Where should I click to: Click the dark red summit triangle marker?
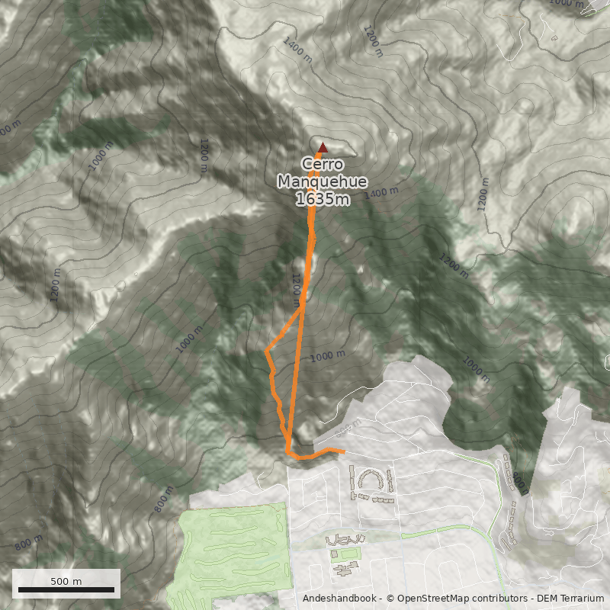click(323, 148)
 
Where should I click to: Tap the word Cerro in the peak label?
click(318, 164)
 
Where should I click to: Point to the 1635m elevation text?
click(323, 199)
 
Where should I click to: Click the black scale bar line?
click(66, 589)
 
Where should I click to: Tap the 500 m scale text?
click(66, 581)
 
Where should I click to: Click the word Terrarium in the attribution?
click(576, 599)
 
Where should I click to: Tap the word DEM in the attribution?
click(547, 599)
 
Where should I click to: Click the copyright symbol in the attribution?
click(390, 599)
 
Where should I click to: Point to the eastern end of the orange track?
click(343, 451)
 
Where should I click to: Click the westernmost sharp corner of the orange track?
click(265, 352)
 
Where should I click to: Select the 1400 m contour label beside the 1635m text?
click(380, 193)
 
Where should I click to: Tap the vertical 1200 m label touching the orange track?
click(297, 286)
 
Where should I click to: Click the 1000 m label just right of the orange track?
click(329, 355)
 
